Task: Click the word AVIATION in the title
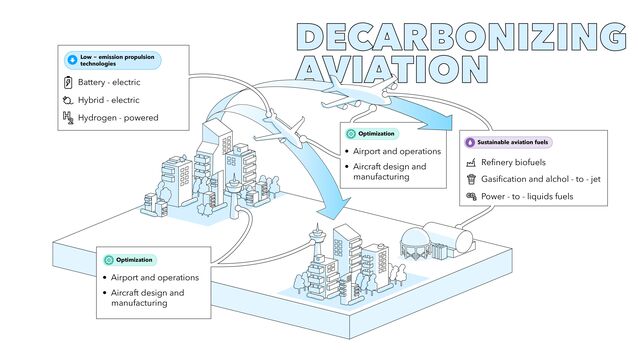point(393,67)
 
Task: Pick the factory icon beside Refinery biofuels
point(471,162)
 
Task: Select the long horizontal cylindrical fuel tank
point(452,238)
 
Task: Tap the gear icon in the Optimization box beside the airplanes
point(350,133)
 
